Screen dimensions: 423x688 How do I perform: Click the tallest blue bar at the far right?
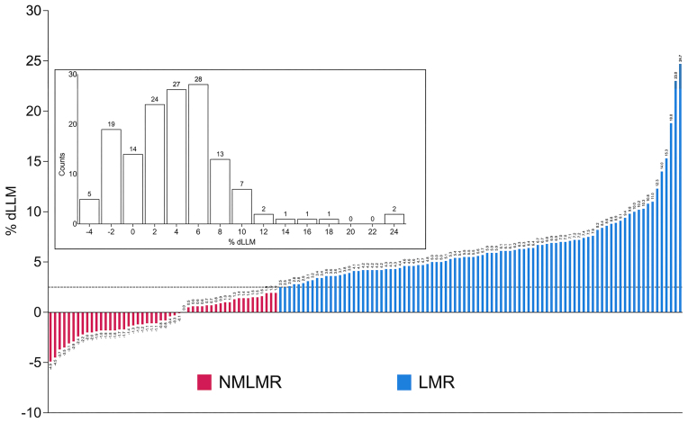click(x=680, y=188)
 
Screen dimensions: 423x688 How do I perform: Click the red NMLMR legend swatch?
click(x=204, y=382)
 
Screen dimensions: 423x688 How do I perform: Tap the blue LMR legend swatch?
click(x=403, y=382)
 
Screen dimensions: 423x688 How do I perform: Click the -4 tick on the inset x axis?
click(x=89, y=231)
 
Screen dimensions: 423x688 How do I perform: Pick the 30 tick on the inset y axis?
click(x=73, y=76)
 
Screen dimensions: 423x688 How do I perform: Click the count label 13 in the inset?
click(x=220, y=154)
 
